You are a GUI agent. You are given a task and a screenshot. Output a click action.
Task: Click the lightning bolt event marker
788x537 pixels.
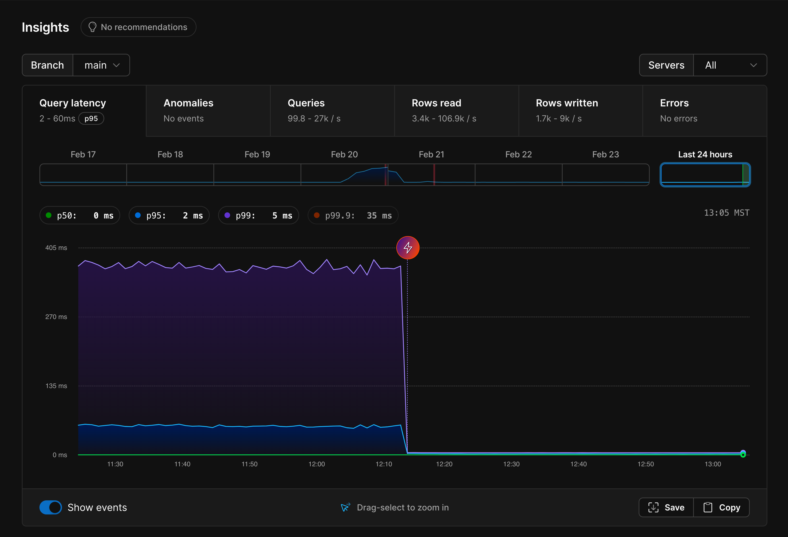pos(408,248)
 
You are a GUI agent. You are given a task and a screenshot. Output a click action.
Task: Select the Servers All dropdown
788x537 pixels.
pos(730,65)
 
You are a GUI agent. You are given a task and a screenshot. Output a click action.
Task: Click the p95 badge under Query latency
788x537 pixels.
pos(91,119)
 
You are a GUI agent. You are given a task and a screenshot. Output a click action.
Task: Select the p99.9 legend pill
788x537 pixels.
pos(353,215)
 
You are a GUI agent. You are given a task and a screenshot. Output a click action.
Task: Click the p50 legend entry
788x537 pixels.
pos(80,215)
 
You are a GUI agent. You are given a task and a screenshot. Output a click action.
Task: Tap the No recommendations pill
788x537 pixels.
pos(138,27)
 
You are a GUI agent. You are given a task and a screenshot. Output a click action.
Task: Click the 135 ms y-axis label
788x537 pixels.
pos(56,386)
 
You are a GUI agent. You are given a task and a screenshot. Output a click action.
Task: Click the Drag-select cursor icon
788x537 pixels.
pos(345,507)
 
